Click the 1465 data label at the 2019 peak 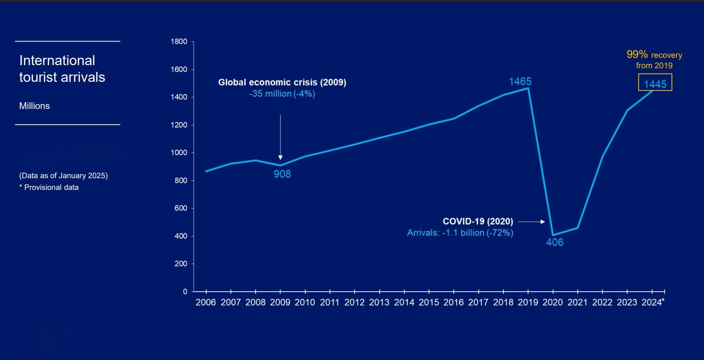click(x=520, y=81)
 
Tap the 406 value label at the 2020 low click(x=555, y=242)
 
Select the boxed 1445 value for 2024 click(x=655, y=84)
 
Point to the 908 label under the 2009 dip click(x=282, y=174)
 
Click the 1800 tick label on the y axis click(x=179, y=42)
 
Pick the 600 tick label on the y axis click(x=181, y=208)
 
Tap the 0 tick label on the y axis click(x=185, y=292)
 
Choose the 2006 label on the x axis click(x=206, y=303)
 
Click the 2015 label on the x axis click(x=428, y=303)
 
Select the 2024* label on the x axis click(x=653, y=303)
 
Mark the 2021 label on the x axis click(x=577, y=303)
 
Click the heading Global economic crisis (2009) click(x=282, y=82)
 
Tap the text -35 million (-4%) click(x=282, y=94)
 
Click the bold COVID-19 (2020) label click(x=478, y=222)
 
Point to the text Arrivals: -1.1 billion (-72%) click(x=460, y=233)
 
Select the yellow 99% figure click(x=637, y=54)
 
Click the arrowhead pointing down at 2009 click(x=281, y=157)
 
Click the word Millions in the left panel click(x=34, y=106)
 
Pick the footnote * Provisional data click(x=49, y=187)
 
